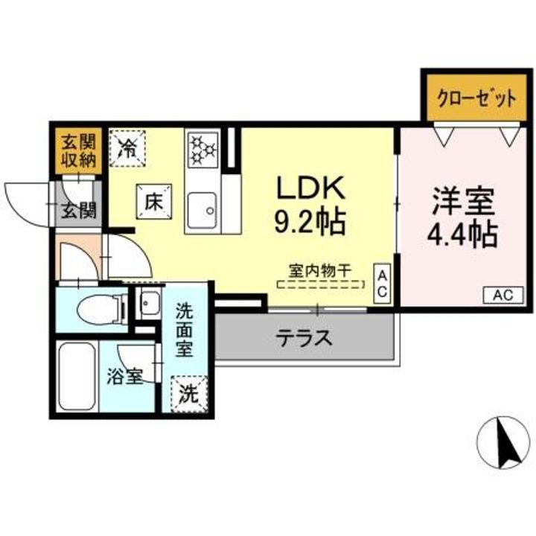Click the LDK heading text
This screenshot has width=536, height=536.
coord(311,188)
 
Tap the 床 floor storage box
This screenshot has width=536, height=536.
coord(153,200)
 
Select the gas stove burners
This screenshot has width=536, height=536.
coord(201,147)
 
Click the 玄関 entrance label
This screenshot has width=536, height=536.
coord(78,211)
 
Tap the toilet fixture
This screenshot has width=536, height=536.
coord(98,307)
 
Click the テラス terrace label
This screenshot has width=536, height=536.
coord(304,338)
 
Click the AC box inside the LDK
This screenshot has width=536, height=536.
coord(381,284)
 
